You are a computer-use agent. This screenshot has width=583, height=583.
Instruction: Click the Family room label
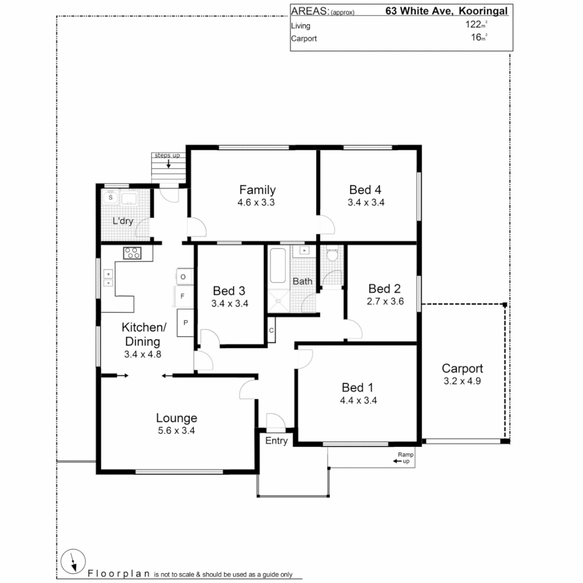[x=257, y=190]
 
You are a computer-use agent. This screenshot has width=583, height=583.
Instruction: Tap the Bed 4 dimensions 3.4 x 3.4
[x=365, y=203]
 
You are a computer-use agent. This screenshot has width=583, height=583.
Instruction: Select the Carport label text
[x=462, y=369]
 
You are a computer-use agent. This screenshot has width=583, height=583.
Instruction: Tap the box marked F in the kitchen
[x=183, y=296]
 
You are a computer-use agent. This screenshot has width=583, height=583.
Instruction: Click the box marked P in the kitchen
[x=185, y=322]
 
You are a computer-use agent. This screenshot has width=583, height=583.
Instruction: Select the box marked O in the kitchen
[x=183, y=277]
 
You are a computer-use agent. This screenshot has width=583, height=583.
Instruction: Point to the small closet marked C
[x=271, y=330]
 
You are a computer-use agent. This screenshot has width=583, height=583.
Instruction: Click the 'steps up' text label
[x=167, y=155]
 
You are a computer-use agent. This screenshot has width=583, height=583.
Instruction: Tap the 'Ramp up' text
[x=405, y=458]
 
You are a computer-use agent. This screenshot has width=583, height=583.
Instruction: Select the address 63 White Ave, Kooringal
[x=446, y=11]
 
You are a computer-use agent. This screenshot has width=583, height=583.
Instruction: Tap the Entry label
[x=276, y=441]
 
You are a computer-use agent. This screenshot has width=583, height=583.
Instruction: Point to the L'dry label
[x=123, y=221]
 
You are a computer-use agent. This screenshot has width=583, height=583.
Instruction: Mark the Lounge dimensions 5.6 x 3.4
[x=176, y=431]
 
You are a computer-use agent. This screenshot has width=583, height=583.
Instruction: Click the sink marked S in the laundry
[x=111, y=198]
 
